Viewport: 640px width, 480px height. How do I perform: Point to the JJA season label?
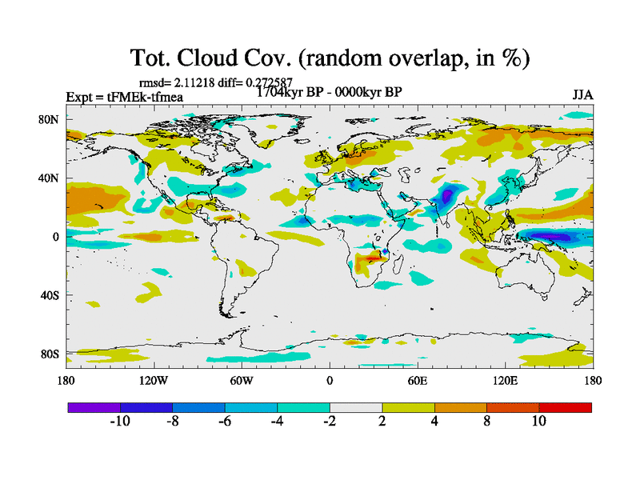tap(582, 95)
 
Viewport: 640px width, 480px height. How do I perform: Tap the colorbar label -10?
tap(119, 422)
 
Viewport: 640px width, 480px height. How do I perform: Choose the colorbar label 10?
tap(538, 422)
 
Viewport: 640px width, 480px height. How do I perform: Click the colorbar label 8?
tap(486, 422)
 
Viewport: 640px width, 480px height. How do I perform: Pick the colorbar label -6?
tap(225, 422)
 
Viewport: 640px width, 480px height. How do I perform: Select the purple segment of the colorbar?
tap(94, 407)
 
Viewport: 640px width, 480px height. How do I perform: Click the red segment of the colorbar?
tap(565, 407)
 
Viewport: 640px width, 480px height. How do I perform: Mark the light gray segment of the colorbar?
tap(355, 407)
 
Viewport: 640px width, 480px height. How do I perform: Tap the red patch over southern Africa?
tap(374, 258)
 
